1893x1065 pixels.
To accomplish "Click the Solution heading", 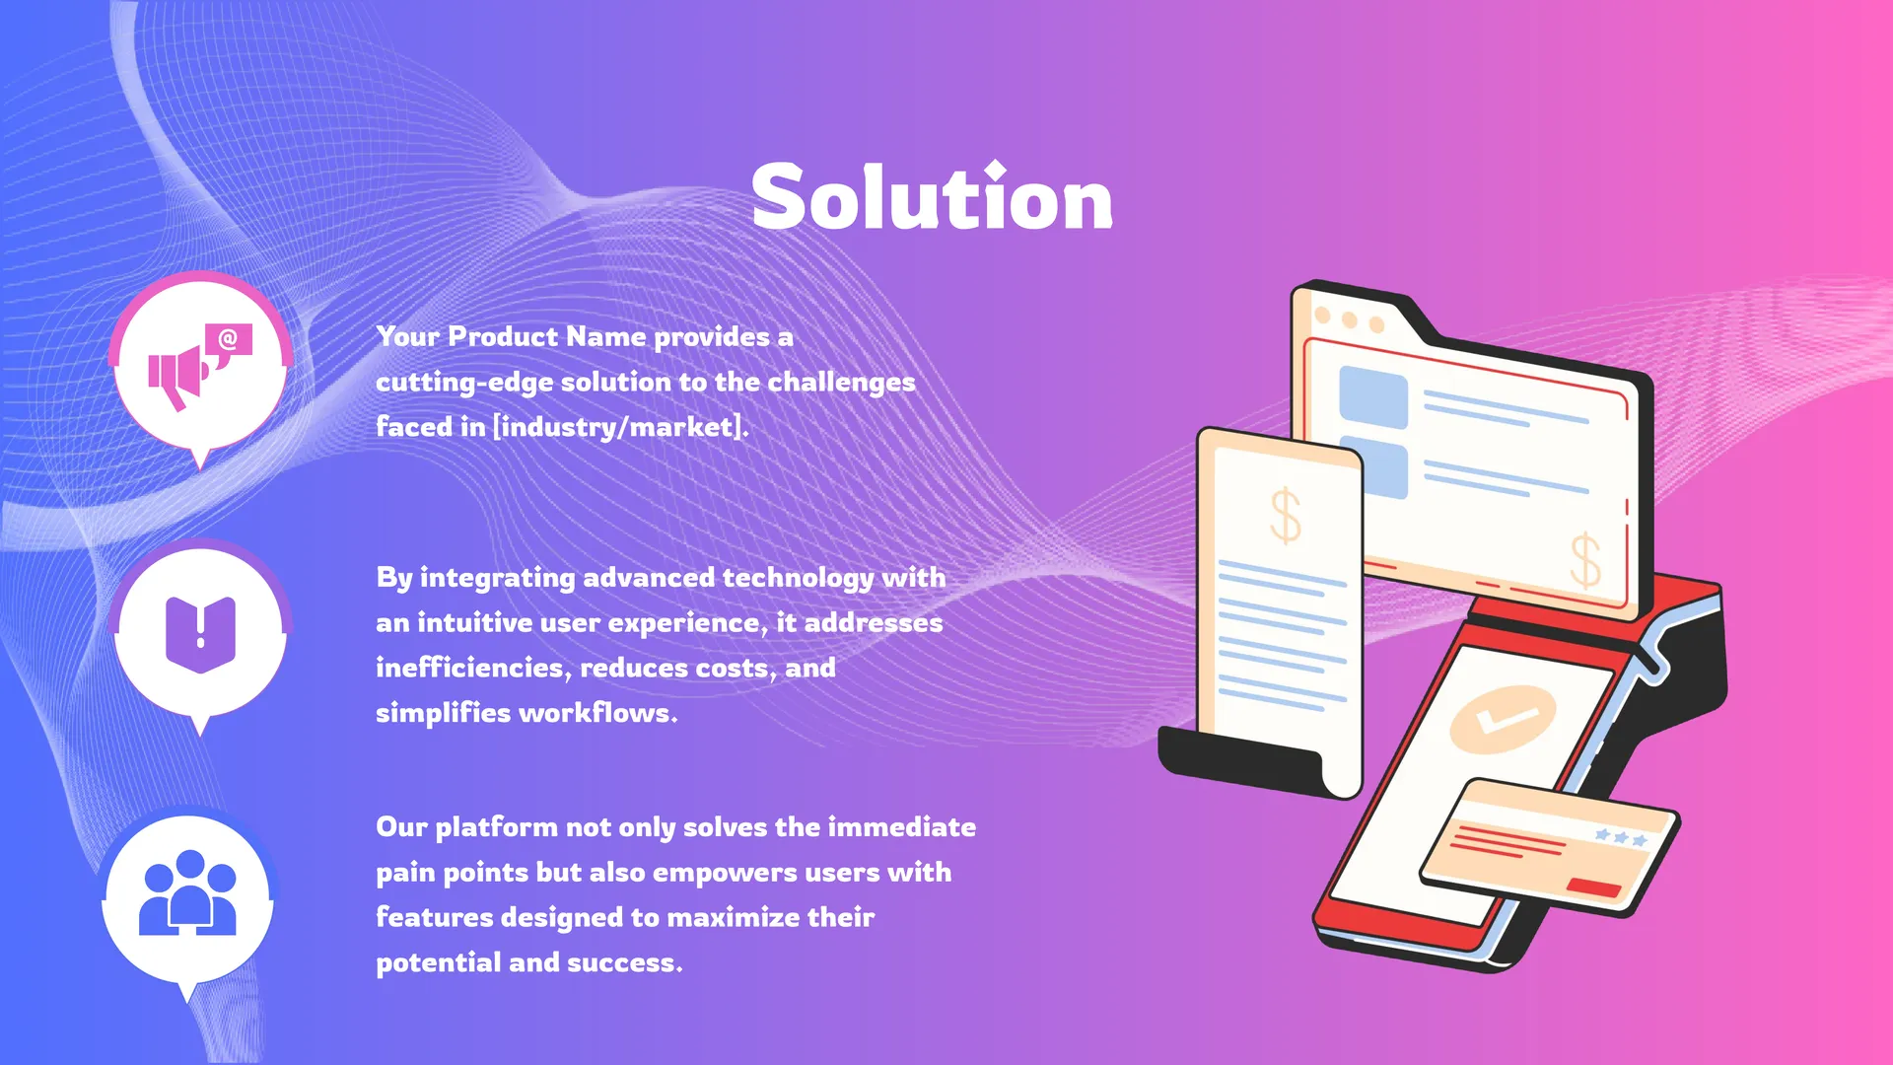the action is (932, 196).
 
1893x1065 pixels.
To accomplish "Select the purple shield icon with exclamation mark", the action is (200, 634).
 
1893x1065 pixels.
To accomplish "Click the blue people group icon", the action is (187, 892).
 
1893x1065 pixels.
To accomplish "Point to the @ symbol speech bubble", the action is (229, 343).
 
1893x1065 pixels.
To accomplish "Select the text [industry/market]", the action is (620, 426).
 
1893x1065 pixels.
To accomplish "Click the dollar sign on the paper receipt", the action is (1285, 516).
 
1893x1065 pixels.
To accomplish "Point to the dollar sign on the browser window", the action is (1585, 560).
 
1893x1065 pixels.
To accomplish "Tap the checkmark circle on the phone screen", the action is (1503, 720).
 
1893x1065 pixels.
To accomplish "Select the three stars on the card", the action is (1621, 837).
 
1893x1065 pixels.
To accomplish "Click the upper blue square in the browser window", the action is (1372, 396).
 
